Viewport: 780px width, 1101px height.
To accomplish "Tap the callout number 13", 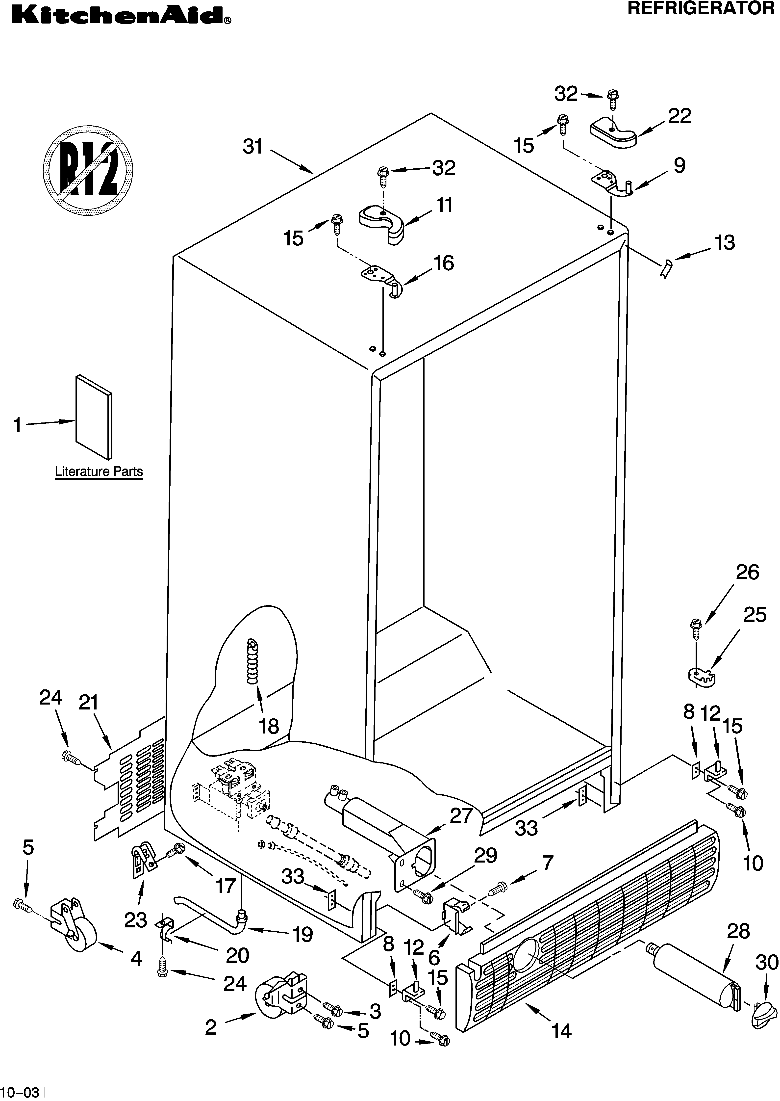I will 724,243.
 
